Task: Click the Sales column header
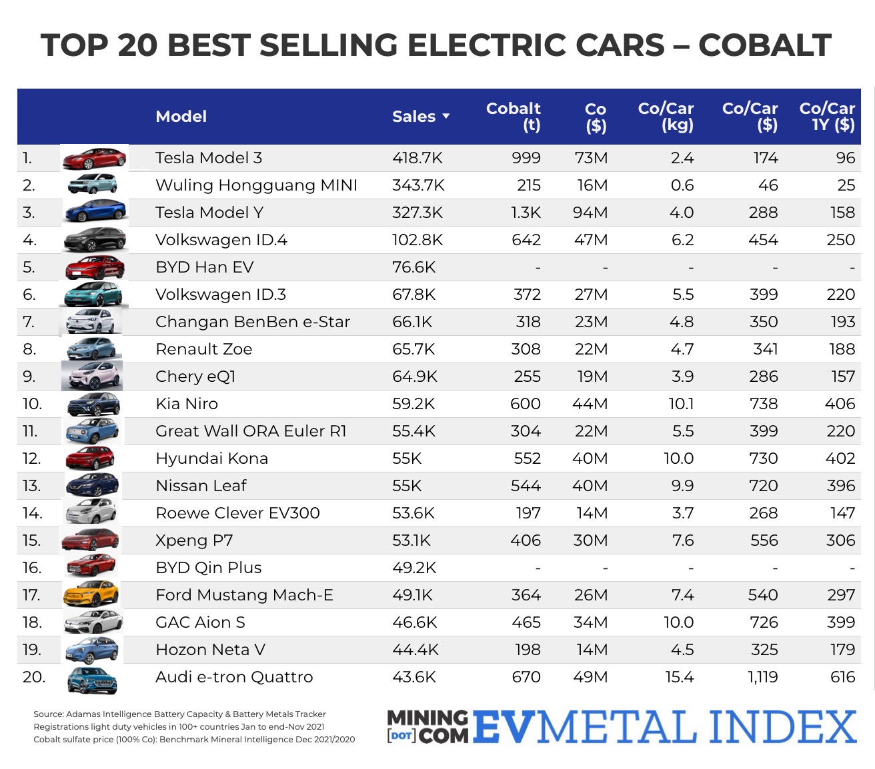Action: (x=413, y=117)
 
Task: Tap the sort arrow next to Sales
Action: (x=446, y=117)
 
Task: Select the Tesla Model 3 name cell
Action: (x=209, y=158)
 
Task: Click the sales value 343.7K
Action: (x=418, y=185)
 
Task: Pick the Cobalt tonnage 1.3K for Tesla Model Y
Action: (x=526, y=213)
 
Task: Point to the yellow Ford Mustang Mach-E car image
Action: (x=91, y=594)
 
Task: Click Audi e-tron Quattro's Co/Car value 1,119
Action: (x=762, y=677)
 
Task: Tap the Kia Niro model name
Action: (x=187, y=404)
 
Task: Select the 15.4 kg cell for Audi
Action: (x=679, y=677)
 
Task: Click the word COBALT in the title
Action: (x=764, y=45)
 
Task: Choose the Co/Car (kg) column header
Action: (x=666, y=117)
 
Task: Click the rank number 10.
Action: (x=32, y=404)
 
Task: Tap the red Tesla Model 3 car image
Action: (x=93, y=159)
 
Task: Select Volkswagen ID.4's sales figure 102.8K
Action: (x=418, y=240)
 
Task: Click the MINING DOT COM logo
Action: (x=427, y=726)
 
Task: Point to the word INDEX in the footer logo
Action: (x=782, y=726)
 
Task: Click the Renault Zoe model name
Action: (x=203, y=349)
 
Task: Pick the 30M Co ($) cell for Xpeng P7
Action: (x=590, y=540)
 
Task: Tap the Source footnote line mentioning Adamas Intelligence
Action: (x=179, y=714)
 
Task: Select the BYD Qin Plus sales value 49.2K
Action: (x=413, y=568)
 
